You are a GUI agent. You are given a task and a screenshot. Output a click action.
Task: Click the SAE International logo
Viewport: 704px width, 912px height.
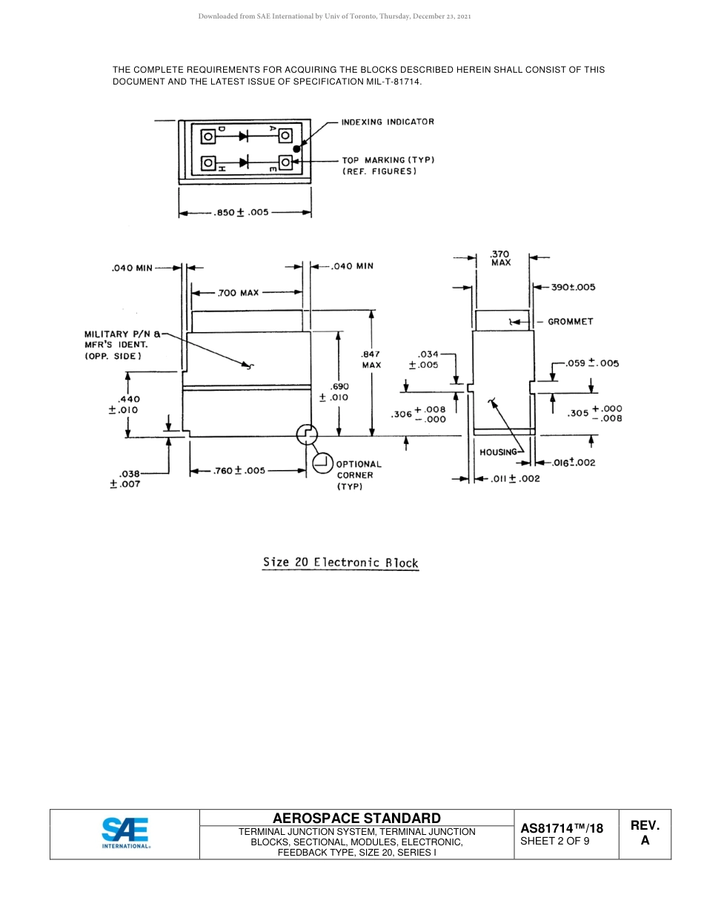pos(125,833)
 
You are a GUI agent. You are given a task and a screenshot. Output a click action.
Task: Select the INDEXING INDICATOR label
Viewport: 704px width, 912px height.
pos(388,122)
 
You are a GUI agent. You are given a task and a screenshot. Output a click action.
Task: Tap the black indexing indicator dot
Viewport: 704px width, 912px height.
pos(296,148)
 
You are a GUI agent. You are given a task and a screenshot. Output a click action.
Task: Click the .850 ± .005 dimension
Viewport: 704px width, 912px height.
pos(241,213)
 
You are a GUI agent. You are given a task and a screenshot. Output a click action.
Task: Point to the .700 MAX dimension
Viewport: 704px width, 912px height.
pos(238,293)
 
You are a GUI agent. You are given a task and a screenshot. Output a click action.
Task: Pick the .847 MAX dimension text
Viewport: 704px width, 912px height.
pos(371,360)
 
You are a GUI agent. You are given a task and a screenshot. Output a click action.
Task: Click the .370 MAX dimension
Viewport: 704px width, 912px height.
pos(500,258)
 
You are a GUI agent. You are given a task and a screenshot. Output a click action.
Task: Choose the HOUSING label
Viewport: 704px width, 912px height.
pos(498,452)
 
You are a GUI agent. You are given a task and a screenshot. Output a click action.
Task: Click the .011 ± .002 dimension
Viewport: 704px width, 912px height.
pos(516,479)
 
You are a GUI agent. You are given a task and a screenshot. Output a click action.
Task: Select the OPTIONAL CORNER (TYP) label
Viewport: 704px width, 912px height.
pos(359,475)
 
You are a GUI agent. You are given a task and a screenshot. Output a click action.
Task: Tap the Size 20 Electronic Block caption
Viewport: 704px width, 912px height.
pos(340,562)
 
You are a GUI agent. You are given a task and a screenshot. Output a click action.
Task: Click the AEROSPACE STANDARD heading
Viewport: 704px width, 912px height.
pos(356,818)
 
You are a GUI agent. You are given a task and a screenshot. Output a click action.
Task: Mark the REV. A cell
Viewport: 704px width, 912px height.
pos(645,833)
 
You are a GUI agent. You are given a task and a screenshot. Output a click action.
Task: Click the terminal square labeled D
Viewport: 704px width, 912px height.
pos(208,136)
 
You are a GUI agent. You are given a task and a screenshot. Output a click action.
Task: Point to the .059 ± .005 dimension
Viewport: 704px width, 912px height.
pos(592,363)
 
